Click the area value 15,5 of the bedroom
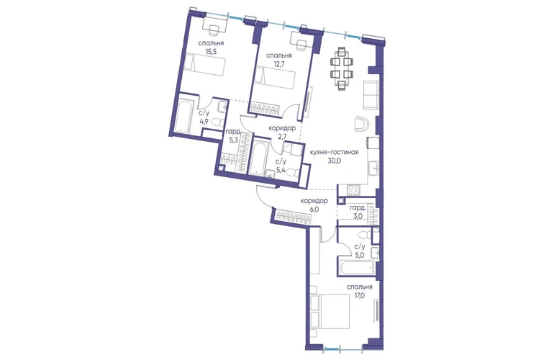[x=211, y=51]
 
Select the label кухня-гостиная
[x=335, y=153]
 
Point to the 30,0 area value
[x=335, y=161]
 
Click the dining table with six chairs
[x=342, y=69]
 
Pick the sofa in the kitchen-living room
[x=371, y=95]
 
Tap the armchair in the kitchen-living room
[x=362, y=124]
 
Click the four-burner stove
[x=353, y=190]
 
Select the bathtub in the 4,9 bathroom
[x=183, y=117]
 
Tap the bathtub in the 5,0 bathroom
[x=357, y=268]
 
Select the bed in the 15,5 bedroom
[x=206, y=65]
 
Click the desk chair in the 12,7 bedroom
[x=301, y=45]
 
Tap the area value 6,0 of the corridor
[x=314, y=210]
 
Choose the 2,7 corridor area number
[x=281, y=138]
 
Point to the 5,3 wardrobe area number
[x=233, y=140]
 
